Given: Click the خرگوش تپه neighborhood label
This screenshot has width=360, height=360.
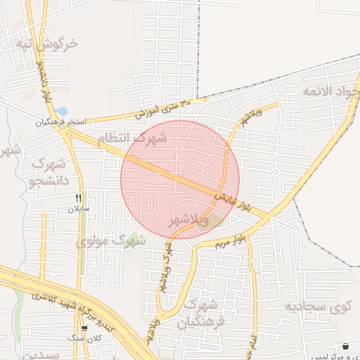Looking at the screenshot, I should (49, 44).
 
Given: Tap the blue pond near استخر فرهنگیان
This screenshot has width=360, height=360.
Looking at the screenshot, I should (62, 111).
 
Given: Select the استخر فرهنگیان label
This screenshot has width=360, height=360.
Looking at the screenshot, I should (61, 122).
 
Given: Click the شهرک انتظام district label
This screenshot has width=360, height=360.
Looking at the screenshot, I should (133, 138).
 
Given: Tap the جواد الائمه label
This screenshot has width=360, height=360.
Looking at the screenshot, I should (331, 91).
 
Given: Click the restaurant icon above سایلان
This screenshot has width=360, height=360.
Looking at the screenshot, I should (79, 198).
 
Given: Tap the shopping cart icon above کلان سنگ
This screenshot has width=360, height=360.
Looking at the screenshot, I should (84, 328).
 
